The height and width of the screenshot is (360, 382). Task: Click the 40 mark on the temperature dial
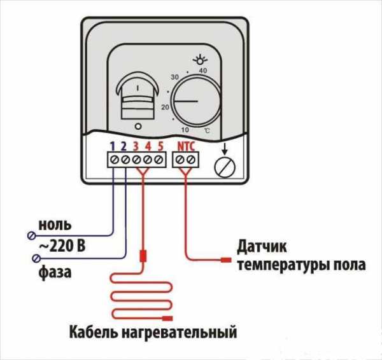point(203,71)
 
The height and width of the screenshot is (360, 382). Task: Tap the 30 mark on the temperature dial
point(174,78)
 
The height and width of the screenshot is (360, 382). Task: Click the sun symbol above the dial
point(203,59)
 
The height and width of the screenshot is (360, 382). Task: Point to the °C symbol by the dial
point(207,131)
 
